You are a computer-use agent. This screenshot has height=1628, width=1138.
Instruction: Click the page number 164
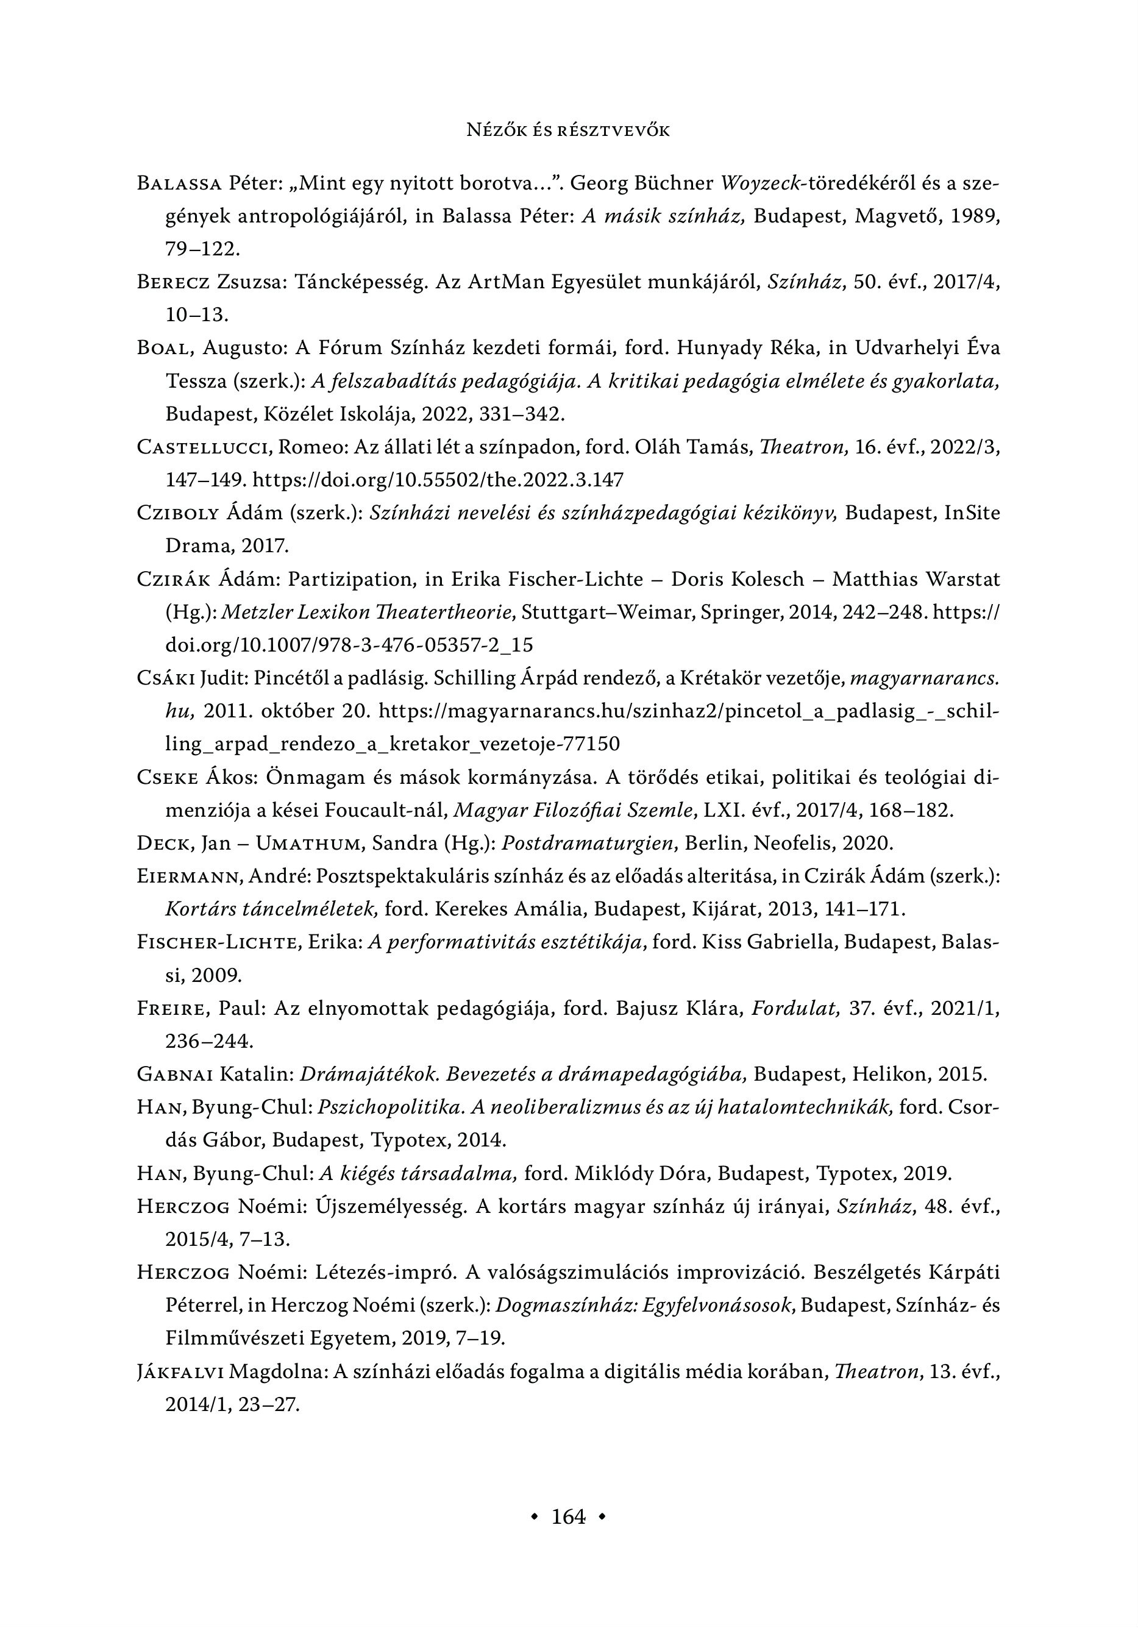pos(569,1516)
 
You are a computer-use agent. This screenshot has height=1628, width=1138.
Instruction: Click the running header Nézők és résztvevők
pos(569,130)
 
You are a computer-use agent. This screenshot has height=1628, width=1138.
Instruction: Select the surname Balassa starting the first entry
pos(179,183)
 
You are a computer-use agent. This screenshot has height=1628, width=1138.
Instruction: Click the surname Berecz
pos(173,282)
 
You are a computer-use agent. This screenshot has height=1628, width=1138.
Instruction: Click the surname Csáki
pos(166,678)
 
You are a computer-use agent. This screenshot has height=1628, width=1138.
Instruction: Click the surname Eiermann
pos(190,876)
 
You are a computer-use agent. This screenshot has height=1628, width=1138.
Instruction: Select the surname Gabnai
pos(175,1074)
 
